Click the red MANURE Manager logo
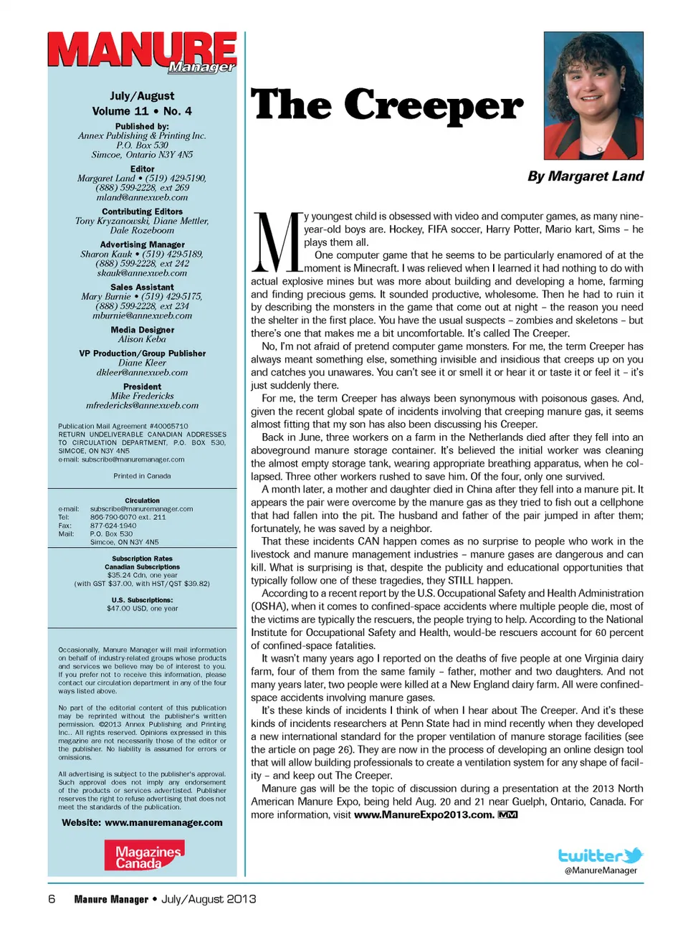tap(142, 52)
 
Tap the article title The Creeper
tap(386, 105)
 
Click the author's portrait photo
tap(593, 95)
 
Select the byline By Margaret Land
tap(585, 176)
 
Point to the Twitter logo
tap(600, 855)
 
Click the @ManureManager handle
tap(601, 870)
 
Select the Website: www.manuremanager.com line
tap(142, 822)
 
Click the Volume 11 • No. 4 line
tap(142, 111)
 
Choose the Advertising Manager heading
tap(142, 244)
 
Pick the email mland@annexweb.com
tap(142, 197)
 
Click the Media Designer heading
tap(142, 330)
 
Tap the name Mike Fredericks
tap(142, 396)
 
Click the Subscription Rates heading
tap(142, 558)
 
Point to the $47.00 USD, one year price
tap(142, 608)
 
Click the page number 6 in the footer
tap(52, 899)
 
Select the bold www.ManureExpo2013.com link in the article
tap(424, 814)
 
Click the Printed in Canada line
tap(142, 475)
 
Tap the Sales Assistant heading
tap(142, 287)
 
